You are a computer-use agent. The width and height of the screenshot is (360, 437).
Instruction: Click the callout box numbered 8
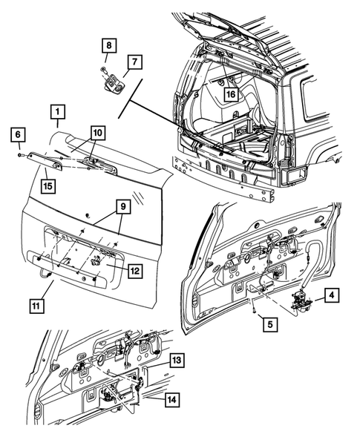tap(108, 47)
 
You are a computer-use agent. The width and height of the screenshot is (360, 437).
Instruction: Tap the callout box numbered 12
tap(134, 271)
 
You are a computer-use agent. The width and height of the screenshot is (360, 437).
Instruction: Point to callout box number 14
tap(171, 400)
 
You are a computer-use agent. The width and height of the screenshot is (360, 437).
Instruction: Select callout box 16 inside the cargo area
tap(231, 94)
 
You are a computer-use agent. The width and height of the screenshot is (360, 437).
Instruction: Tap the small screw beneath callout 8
tap(101, 70)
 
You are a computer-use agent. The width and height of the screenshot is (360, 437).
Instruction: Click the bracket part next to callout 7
tap(114, 82)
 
